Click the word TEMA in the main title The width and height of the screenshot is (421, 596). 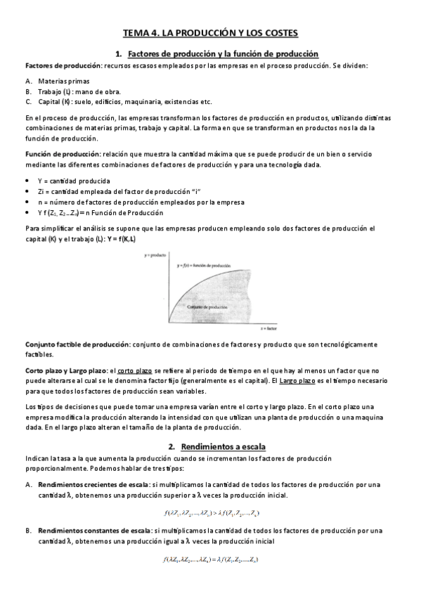pos(136,33)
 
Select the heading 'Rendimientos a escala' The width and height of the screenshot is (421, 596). pos(222,446)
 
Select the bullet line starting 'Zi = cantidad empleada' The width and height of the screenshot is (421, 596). pos(113,191)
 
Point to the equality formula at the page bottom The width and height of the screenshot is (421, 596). pos(211,559)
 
